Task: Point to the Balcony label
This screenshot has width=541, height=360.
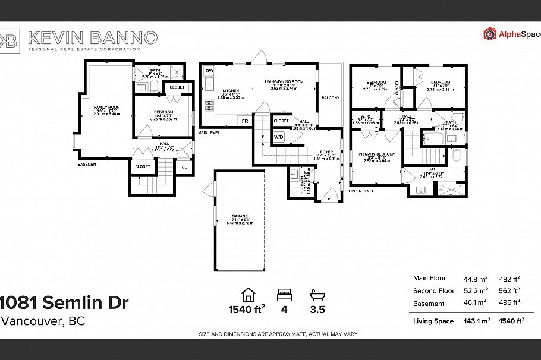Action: (x=331, y=97)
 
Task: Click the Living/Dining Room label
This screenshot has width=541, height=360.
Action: (x=284, y=81)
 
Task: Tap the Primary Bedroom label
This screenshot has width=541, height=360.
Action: (x=377, y=154)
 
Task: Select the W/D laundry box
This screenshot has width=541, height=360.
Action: (x=279, y=137)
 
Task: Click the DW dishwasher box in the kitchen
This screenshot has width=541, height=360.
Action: (x=209, y=71)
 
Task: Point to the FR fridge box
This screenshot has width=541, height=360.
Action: (x=244, y=121)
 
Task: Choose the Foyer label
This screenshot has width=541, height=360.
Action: (x=326, y=152)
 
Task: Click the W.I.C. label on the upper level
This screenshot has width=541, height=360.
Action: (x=366, y=116)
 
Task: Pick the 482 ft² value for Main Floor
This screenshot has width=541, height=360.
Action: (x=509, y=278)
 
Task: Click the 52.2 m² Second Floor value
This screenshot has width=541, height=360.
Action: (x=476, y=290)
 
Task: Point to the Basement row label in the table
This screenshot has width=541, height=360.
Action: (x=429, y=304)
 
